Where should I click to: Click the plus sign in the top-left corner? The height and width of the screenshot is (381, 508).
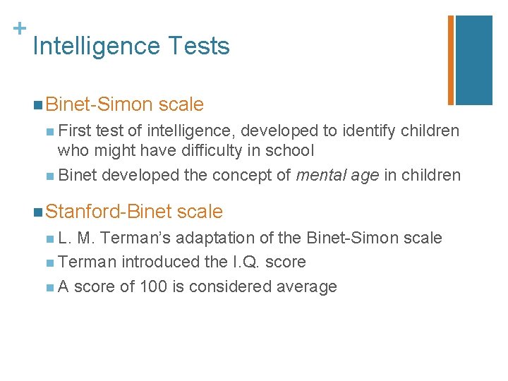click(20, 28)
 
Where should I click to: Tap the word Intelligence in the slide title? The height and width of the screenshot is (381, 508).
click(97, 47)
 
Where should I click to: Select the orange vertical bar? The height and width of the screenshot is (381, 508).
click(450, 59)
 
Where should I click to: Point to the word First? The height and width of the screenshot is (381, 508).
click(74, 131)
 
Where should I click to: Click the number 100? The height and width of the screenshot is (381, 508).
click(153, 286)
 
